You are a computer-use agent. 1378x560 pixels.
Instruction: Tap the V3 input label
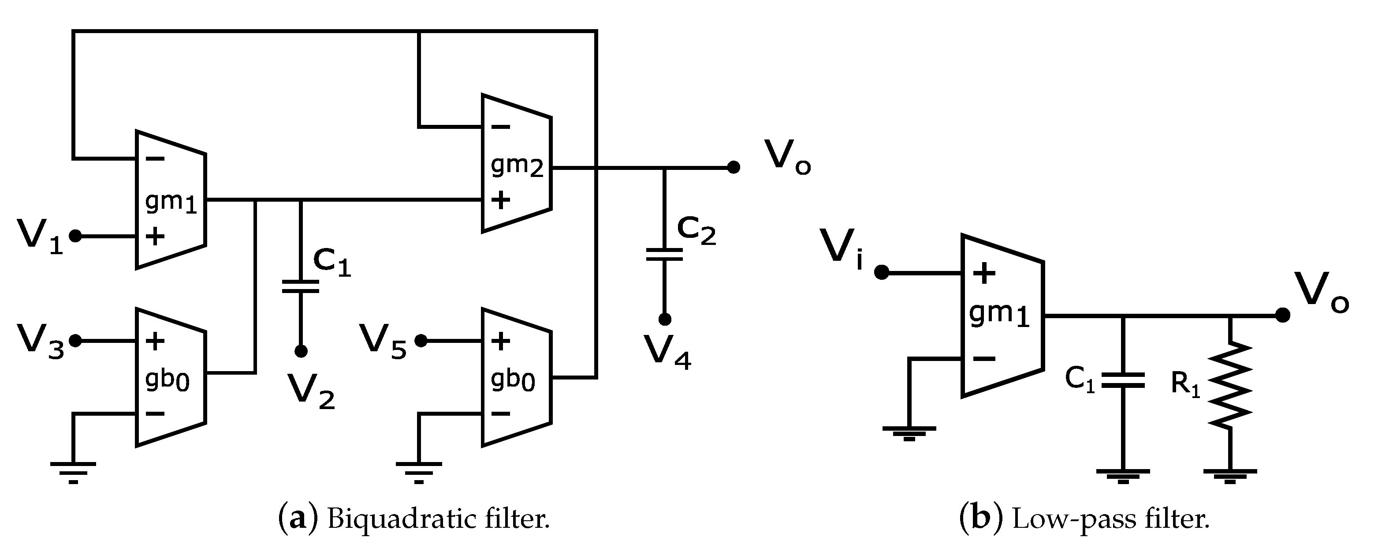(40, 341)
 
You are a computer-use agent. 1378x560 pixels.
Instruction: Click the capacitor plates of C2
(664, 254)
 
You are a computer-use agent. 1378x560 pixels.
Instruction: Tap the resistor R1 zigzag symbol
(1230, 385)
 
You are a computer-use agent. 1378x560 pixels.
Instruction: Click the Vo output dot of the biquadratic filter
(734, 168)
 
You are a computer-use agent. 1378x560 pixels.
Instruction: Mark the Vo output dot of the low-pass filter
(1282, 316)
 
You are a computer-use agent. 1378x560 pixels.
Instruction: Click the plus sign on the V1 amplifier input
(155, 236)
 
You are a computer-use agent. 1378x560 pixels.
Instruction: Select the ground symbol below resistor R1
(1230, 475)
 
